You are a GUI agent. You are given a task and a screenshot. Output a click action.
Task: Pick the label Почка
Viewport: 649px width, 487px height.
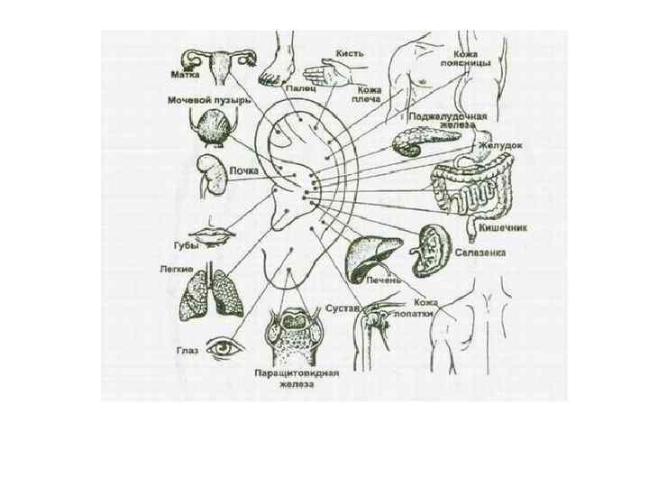(x=246, y=170)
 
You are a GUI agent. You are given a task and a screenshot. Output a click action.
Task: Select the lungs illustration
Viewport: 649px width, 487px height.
(x=215, y=292)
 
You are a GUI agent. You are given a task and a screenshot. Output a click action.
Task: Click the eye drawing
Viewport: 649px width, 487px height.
(x=222, y=347)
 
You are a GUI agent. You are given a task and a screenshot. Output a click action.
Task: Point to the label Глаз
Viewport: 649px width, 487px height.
(x=187, y=349)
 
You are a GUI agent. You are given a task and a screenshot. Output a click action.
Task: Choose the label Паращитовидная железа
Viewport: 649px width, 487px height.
(x=296, y=377)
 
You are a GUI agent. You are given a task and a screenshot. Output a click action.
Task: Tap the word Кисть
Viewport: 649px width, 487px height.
(x=350, y=54)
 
